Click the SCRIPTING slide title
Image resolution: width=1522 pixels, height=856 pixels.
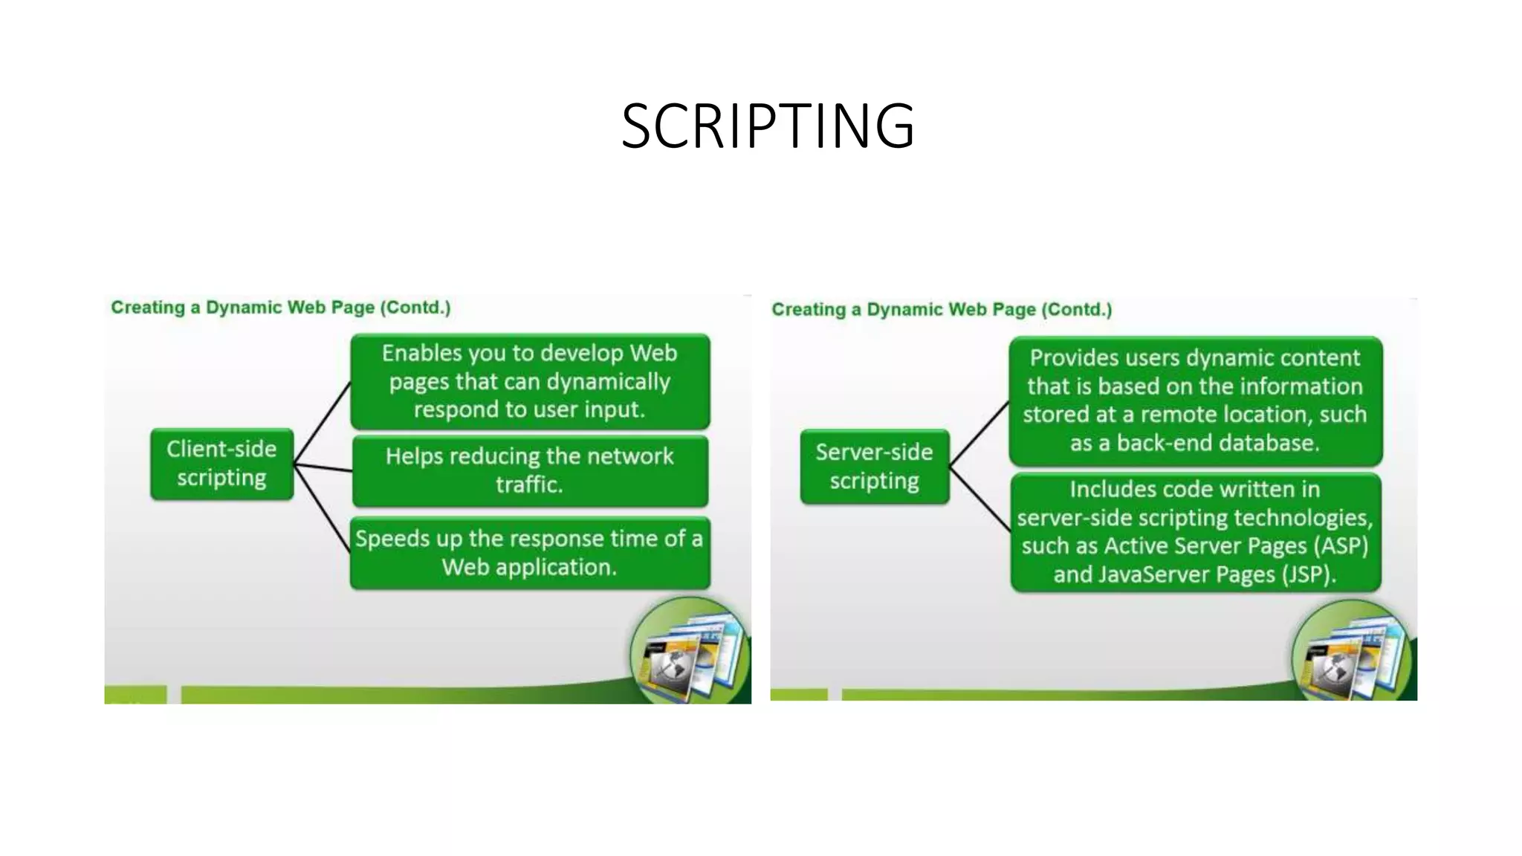[x=768, y=126]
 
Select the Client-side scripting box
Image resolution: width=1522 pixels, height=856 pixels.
[x=221, y=464]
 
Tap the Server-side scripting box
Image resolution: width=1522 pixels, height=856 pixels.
[x=874, y=467]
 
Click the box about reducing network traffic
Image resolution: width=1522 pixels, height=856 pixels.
[x=530, y=470]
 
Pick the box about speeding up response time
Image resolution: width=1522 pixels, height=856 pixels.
[x=530, y=553]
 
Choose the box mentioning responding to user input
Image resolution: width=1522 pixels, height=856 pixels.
[x=530, y=381]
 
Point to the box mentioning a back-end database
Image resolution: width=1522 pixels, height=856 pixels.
[x=1195, y=401]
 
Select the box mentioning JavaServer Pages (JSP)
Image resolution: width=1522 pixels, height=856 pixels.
[x=1195, y=532]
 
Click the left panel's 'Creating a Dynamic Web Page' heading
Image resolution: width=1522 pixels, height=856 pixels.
[x=281, y=308]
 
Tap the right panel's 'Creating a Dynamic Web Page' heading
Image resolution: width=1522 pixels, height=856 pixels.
[x=942, y=310]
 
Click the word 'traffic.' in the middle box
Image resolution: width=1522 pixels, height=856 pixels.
[x=529, y=484]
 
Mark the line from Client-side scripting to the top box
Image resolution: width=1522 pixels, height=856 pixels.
[x=323, y=424]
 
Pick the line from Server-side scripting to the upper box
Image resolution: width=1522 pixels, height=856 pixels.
[x=979, y=434]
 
